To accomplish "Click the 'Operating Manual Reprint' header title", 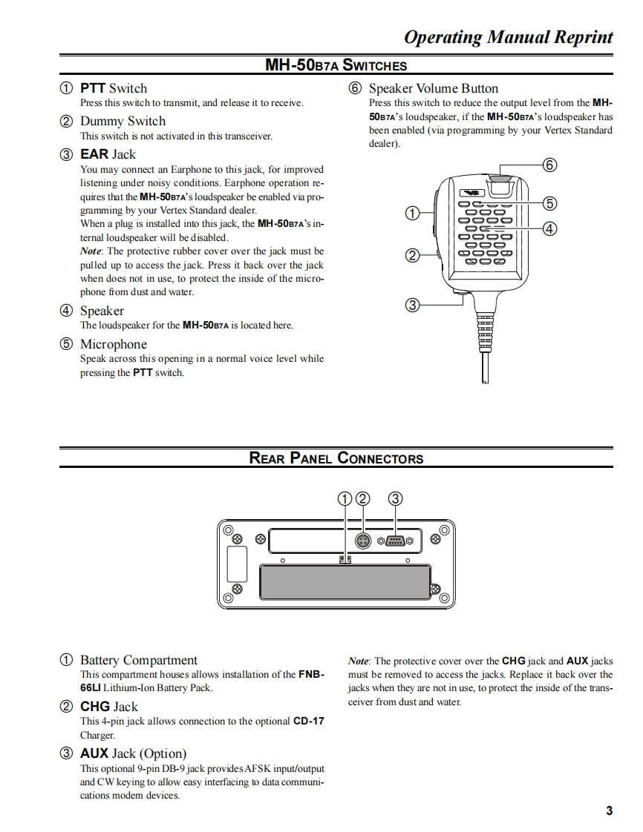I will click(x=509, y=37).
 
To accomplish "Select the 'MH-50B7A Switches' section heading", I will click(x=336, y=65).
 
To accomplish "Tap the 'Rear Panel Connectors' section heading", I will click(x=336, y=458).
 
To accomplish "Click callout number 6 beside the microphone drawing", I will click(x=549, y=165).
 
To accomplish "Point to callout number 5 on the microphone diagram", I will click(x=549, y=203).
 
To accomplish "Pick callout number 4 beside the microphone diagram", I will click(x=549, y=228).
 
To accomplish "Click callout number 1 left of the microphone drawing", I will click(x=413, y=214).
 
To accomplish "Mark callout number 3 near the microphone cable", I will click(x=413, y=305).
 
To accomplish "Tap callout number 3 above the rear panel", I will click(x=396, y=499).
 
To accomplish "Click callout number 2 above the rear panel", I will click(x=362, y=499).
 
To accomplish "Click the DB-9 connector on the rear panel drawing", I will click(x=395, y=541).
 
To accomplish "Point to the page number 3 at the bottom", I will click(x=609, y=810).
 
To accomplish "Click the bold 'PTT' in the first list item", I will click(x=93, y=88).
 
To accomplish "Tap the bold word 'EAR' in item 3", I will click(x=94, y=154).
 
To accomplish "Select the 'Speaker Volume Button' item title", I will click(x=434, y=88).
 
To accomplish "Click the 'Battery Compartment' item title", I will click(x=138, y=660).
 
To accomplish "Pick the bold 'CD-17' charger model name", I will click(x=309, y=721).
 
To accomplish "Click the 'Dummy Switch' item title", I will click(x=123, y=121).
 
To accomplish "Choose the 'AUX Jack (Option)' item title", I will click(x=133, y=753).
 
